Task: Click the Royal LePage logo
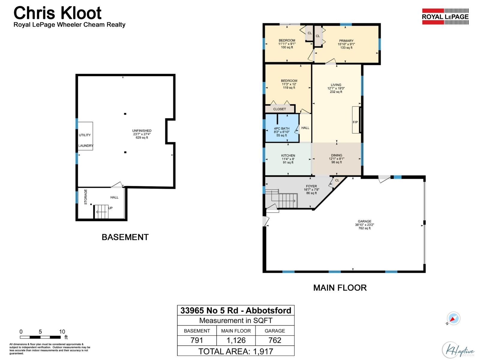point(445,16)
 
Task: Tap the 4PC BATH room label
point(281,128)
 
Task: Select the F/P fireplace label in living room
point(355,122)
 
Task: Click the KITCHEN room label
point(288,155)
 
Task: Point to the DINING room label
point(337,155)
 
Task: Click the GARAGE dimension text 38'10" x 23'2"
point(364,225)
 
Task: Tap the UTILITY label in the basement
point(85,135)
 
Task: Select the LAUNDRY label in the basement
point(86,146)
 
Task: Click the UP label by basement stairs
point(110,208)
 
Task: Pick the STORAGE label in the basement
point(85,197)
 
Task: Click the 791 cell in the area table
point(197,340)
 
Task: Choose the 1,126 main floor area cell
point(236,340)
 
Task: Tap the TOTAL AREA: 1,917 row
point(236,351)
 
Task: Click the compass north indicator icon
point(453,319)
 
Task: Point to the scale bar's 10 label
point(62,332)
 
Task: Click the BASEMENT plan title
point(125,237)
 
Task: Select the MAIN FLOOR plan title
point(340,288)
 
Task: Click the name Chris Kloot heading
point(58,13)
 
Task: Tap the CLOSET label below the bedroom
point(280,109)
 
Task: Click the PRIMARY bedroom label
point(346,41)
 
